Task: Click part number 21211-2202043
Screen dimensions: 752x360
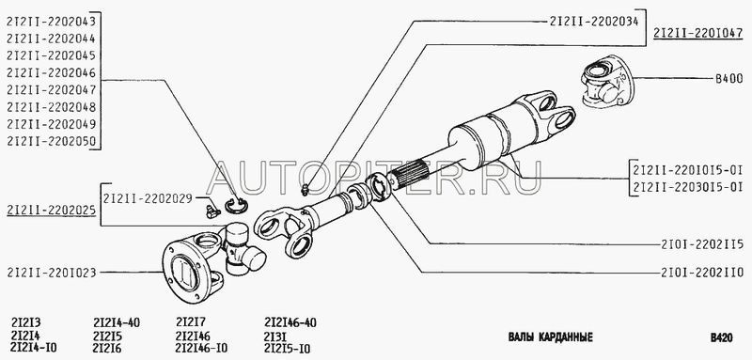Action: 52,21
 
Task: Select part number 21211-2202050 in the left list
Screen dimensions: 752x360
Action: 52,141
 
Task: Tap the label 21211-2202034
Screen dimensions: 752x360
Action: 594,21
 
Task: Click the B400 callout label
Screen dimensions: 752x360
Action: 729,79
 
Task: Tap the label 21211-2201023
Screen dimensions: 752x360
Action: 52,273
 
